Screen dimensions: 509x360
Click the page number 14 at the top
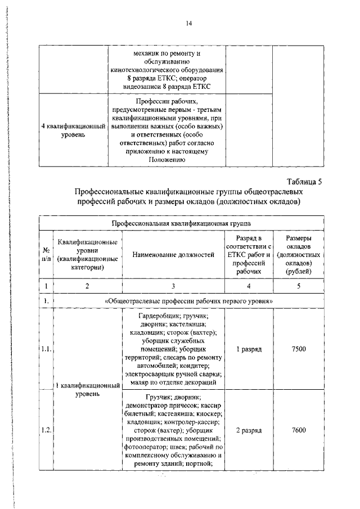189,23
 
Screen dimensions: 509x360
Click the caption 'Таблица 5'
304,181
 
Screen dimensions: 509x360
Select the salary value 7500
299,349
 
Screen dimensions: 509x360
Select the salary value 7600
299,430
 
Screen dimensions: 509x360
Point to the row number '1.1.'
46,349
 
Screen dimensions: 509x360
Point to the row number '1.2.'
46,430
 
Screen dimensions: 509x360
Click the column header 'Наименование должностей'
173,255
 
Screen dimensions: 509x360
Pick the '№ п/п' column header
46,255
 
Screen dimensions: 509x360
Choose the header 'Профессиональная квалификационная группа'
173,223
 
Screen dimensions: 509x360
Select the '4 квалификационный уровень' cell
74,130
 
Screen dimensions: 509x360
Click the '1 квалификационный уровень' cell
87,390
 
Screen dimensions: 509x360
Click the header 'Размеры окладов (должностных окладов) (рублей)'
299,255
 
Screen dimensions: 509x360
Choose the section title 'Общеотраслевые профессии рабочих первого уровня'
189,301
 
